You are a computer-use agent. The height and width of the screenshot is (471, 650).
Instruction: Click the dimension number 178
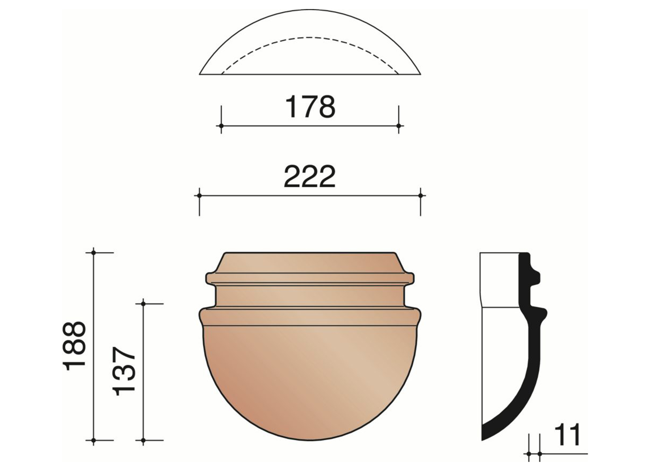tap(310, 107)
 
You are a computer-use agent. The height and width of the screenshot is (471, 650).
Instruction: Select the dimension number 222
tap(310, 176)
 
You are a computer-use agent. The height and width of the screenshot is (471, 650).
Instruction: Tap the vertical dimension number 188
tap(75, 346)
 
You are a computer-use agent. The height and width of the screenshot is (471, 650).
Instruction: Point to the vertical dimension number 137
tap(124, 371)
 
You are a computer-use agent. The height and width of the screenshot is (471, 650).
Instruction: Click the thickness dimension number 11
tap(567, 435)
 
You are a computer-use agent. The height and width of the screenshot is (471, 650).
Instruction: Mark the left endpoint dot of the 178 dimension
tap(221, 126)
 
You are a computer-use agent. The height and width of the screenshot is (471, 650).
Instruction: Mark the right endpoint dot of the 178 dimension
tap(399, 126)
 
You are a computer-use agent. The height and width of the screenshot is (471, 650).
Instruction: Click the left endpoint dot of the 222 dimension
tap(199, 196)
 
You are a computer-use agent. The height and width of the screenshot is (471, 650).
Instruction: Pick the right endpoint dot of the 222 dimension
tap(420, 196)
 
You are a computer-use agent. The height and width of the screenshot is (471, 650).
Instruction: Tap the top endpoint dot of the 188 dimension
tap(93, 253)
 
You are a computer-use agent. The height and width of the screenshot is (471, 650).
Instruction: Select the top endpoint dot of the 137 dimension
tap(143, 304)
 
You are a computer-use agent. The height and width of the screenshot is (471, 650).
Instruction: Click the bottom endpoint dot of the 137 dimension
tap(143, 441)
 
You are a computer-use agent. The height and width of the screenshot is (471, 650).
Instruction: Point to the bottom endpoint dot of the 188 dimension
tap(93, 441)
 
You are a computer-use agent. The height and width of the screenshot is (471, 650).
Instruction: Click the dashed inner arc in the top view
tap(310, 37)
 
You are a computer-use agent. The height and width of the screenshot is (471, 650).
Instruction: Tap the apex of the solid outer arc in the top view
tap(310, 10)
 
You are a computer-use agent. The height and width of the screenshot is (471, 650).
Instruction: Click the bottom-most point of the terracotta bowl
tap(310, 440)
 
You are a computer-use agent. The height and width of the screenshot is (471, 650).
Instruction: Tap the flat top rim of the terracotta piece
tap(310, 253)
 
